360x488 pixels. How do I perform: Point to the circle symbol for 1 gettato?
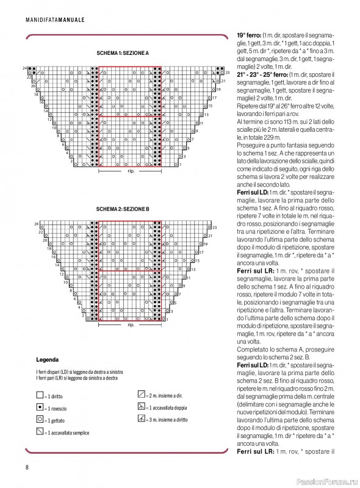click(x=40, y=420)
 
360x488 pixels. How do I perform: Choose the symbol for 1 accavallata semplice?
click(x=40, y=432)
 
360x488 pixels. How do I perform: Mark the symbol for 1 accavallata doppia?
click(x=141, y=406)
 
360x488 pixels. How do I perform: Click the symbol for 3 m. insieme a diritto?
click(x=141, y=418)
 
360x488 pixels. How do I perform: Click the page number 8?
click(x=27, y=467)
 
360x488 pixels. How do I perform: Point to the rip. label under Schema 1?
click(x=130, y=171)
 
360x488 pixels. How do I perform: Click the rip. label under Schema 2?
click(x=130, y=325)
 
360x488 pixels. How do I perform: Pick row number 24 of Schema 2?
click(x=36, y=224)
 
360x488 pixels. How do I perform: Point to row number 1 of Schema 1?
click(x=182, y=164)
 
